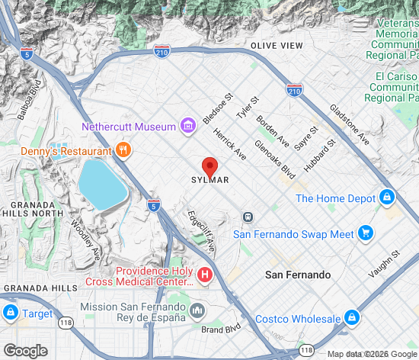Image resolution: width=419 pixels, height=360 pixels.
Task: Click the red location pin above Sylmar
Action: (x=210, y=166)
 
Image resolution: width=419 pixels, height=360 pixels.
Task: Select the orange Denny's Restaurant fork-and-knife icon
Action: (x=122, y=149)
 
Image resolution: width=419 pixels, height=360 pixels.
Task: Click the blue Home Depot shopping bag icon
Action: (x=387, y=198)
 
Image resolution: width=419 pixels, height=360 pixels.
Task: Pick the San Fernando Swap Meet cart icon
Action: (x=366, y=233)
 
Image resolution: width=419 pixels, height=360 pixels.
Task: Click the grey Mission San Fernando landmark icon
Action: (x=197, y=310)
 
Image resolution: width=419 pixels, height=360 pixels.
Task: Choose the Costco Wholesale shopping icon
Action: (x=351, y=317)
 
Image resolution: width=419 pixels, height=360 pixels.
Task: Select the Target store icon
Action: (x=10, y=313)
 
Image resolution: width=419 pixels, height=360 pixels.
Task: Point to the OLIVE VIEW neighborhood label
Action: (x=277, y=46)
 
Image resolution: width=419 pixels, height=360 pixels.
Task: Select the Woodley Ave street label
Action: (x=85, y=239)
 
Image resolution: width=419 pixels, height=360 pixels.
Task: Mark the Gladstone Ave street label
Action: (x=349, y=125)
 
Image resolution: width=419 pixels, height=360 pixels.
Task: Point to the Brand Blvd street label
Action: (x=221, y=329)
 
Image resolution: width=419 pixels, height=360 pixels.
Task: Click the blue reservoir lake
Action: (x=101, y=183)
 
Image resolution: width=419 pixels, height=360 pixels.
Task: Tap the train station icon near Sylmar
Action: (x=248, y=217)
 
